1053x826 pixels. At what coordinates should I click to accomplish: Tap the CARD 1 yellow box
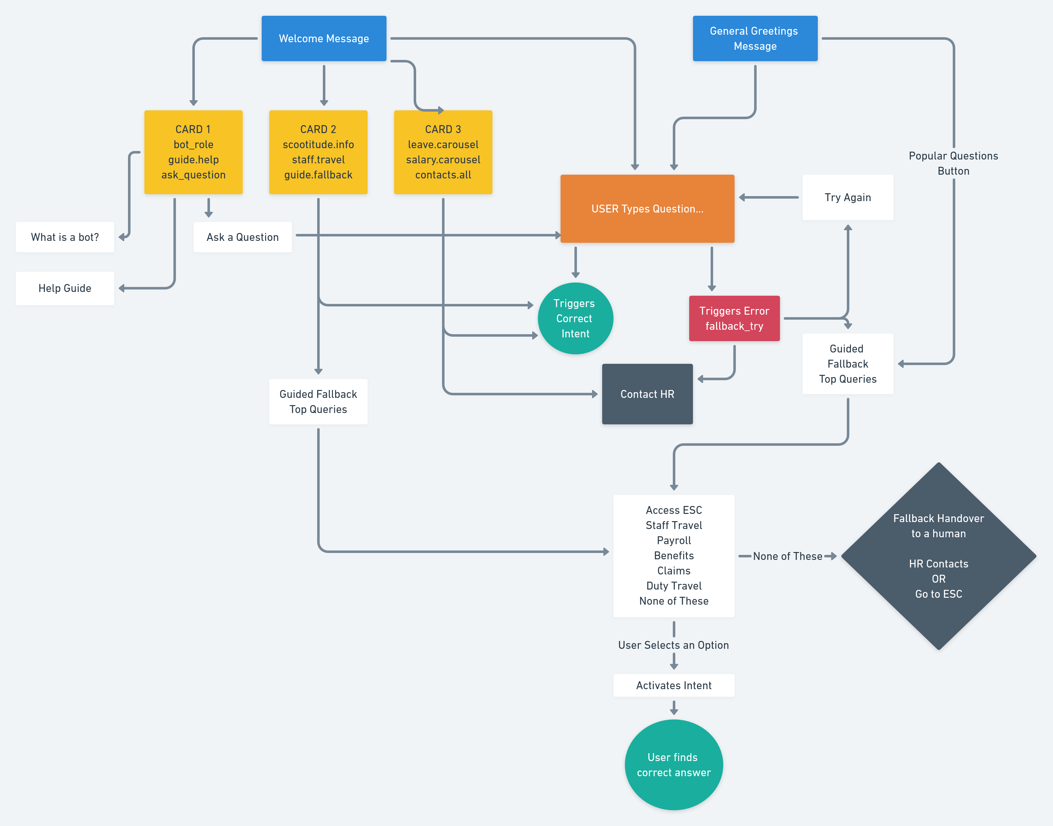point(193,152)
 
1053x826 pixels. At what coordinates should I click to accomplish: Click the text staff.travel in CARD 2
point(318,160)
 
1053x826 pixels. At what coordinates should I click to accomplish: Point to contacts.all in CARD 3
point(443,175)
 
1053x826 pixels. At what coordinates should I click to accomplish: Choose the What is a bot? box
point(65,237)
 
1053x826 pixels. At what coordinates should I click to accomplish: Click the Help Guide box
point(65,288)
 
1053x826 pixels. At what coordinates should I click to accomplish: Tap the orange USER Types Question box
point(647,208)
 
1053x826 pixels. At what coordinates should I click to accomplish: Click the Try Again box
point(847,197)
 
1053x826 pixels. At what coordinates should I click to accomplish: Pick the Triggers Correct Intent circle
point(575,318)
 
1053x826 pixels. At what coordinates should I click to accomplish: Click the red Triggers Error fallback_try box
point(734,318)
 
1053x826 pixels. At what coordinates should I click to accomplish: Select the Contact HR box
point(647,394)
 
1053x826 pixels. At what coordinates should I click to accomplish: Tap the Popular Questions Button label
point(953,163)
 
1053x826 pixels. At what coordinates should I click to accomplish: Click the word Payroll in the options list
point(673,540)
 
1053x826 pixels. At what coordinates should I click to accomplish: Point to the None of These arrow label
point(787,556)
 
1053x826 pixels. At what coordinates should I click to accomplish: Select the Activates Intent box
point(673,685)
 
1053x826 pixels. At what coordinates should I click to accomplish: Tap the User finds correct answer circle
point(673,765)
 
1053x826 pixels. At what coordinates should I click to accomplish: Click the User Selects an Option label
point(673,645)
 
